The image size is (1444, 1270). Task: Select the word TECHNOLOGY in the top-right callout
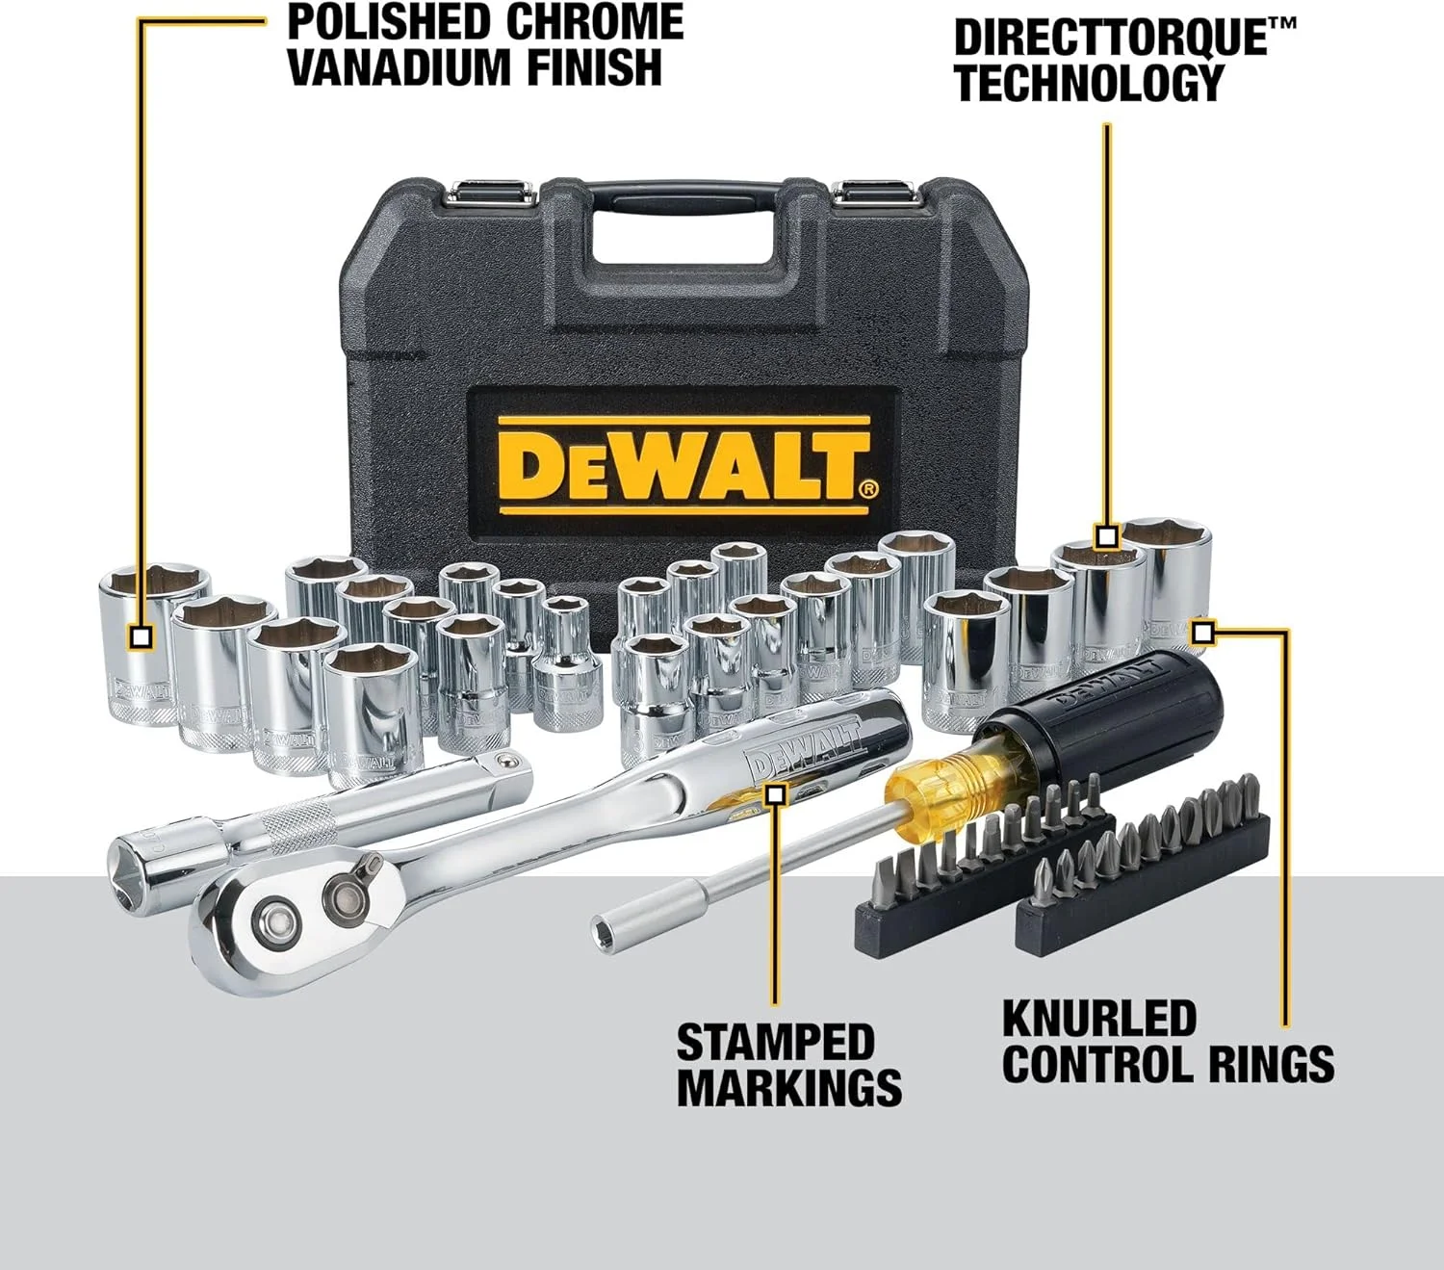[x=1088, y=83]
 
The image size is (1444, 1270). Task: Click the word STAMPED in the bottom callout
[x=775, y=1042]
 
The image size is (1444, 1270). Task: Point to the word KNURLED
[x=1098, y=1019]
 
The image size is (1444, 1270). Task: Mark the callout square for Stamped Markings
[x=775, y=794]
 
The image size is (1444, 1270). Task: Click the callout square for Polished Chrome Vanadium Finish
[x=142, y=636]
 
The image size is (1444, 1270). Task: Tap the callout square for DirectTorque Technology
[x=1106, y=535]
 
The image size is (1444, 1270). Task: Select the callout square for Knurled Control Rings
[x=1202, y=633]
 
